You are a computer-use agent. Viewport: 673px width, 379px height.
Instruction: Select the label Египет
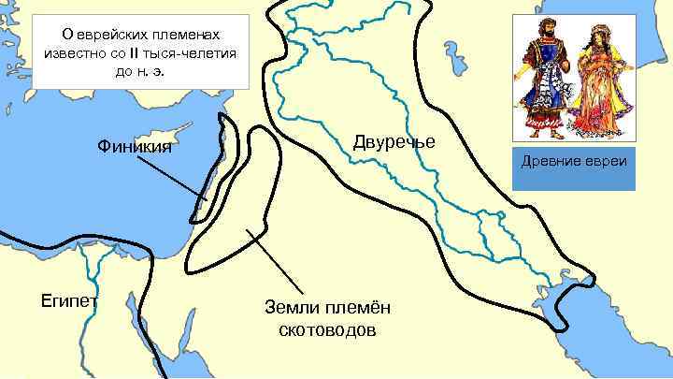[64, 301]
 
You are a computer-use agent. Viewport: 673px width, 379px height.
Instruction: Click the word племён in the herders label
[356, 309]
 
